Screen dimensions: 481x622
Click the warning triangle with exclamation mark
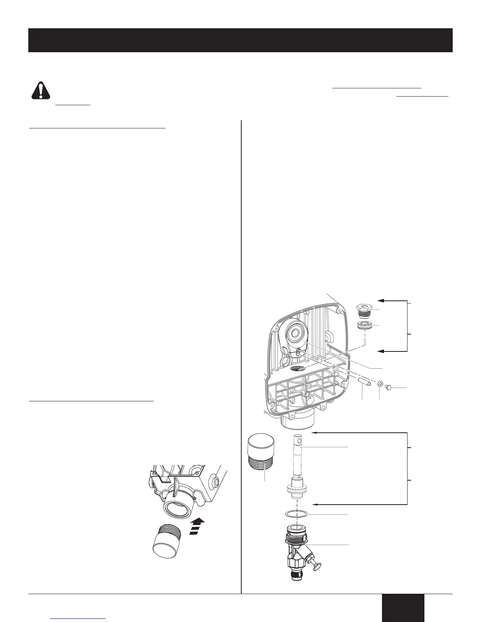[x=41, y=90]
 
